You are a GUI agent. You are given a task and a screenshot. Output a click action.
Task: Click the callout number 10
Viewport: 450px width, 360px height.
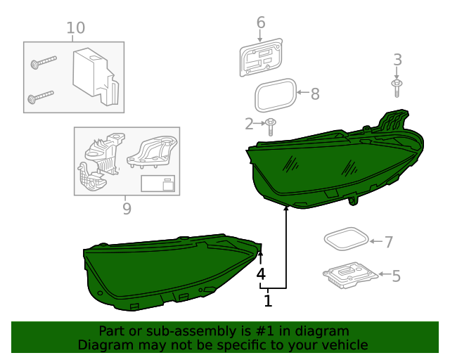click(75, 28)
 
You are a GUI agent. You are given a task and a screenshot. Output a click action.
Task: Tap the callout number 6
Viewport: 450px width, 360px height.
click(261, 22)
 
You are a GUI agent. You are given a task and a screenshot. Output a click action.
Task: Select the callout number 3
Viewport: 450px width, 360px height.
click(397, 60)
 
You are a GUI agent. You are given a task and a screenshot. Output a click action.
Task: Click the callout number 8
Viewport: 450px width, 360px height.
click(315, 93)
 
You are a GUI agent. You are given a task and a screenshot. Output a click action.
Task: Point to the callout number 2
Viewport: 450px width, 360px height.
click(249, 124)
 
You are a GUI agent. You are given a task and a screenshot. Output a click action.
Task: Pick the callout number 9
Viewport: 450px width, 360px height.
click(127, 208)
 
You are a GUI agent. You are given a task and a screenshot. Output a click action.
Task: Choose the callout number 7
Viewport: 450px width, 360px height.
click(388, 242)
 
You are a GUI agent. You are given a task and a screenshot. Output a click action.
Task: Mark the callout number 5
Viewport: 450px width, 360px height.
click(396, 276)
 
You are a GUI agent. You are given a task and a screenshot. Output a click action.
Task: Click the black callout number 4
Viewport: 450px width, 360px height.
click(261, 274)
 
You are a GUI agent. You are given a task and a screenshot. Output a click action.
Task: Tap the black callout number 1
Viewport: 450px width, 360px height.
click(268, 301)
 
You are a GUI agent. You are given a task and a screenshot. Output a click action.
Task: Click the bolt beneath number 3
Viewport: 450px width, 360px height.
click(397, 87)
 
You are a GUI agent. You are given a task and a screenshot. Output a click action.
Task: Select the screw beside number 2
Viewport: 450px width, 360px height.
click(271, 127)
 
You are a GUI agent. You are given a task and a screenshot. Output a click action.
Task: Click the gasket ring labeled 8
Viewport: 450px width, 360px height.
click(275, 96)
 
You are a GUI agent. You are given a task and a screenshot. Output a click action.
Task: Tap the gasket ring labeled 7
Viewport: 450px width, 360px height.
click(346, 239)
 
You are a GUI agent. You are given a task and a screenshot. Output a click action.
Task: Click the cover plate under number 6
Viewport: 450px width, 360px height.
click(261, 58)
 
